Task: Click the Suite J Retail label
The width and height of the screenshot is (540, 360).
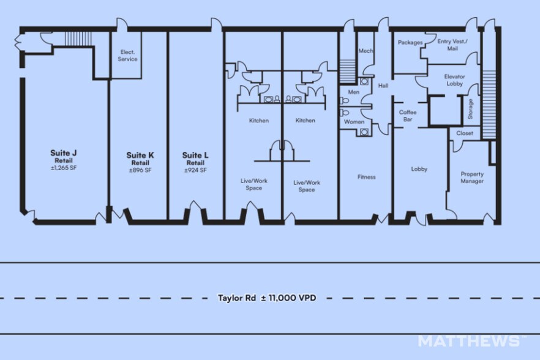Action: pyautogui.click(x=64, y=156)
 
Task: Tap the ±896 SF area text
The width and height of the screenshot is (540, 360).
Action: pyautogui.click(x=140, y=170)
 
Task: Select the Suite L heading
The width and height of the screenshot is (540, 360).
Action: pyautogui.click(x=195, y=156)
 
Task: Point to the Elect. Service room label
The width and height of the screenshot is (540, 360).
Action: pyautogui.click(x=127, y=56)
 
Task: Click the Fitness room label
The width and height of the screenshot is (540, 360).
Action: pyautogui.click(x=366, y=177)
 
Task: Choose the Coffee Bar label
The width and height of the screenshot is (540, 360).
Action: pyautogui.click(x=408, y=116)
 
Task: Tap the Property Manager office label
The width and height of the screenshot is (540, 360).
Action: pyautogui.click(x=472, y=178)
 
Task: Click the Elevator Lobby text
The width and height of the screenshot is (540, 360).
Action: pyautogui.click(x=454, y=80)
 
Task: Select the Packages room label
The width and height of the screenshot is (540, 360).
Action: pyautogui.click(x=410, y=42)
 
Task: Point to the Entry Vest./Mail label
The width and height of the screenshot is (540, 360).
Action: pyautogui.click(x=452, y=45)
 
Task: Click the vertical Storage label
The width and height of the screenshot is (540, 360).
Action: pyautogui.click(x=470, y=109)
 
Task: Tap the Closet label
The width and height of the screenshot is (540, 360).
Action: pyautogui.click(x=465, y=133)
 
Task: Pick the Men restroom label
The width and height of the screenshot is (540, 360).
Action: pyautogui.click(x=354, y=92)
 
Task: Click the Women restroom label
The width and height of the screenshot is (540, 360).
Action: pyautogui.click(x=354, y=122)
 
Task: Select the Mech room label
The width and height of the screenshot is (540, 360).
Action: pyautogui.click(x=366, y=51)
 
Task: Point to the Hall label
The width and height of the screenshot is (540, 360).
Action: pyautogui.click(x=383, y=86)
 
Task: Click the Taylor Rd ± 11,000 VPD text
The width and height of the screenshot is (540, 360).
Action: pyautogui.click(x=267, y=298)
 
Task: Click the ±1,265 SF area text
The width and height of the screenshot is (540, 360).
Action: pyautogui.click(x=64, y=168)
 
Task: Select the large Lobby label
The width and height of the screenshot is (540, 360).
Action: pyautogui.click(x=419, y=169)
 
